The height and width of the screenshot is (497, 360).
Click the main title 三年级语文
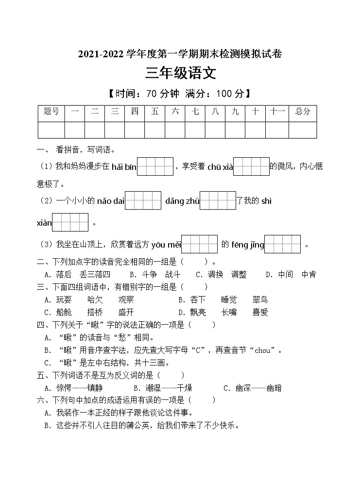coord(180,73)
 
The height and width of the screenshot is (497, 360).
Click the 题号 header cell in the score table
coord(51,112)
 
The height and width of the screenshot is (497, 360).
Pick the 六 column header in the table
coord(175,112)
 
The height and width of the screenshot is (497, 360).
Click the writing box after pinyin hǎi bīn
coord(155,166)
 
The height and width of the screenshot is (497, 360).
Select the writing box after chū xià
coord(251,166)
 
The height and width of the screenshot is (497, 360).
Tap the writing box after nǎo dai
coord(143,200)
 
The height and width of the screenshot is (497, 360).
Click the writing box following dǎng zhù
coord(218,200)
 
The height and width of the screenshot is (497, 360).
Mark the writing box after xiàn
coord(70,222)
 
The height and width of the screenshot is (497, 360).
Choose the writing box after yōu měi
coord(199,244)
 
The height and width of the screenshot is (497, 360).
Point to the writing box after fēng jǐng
coord(282,244)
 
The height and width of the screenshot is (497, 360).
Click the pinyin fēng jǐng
coord(247,245)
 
